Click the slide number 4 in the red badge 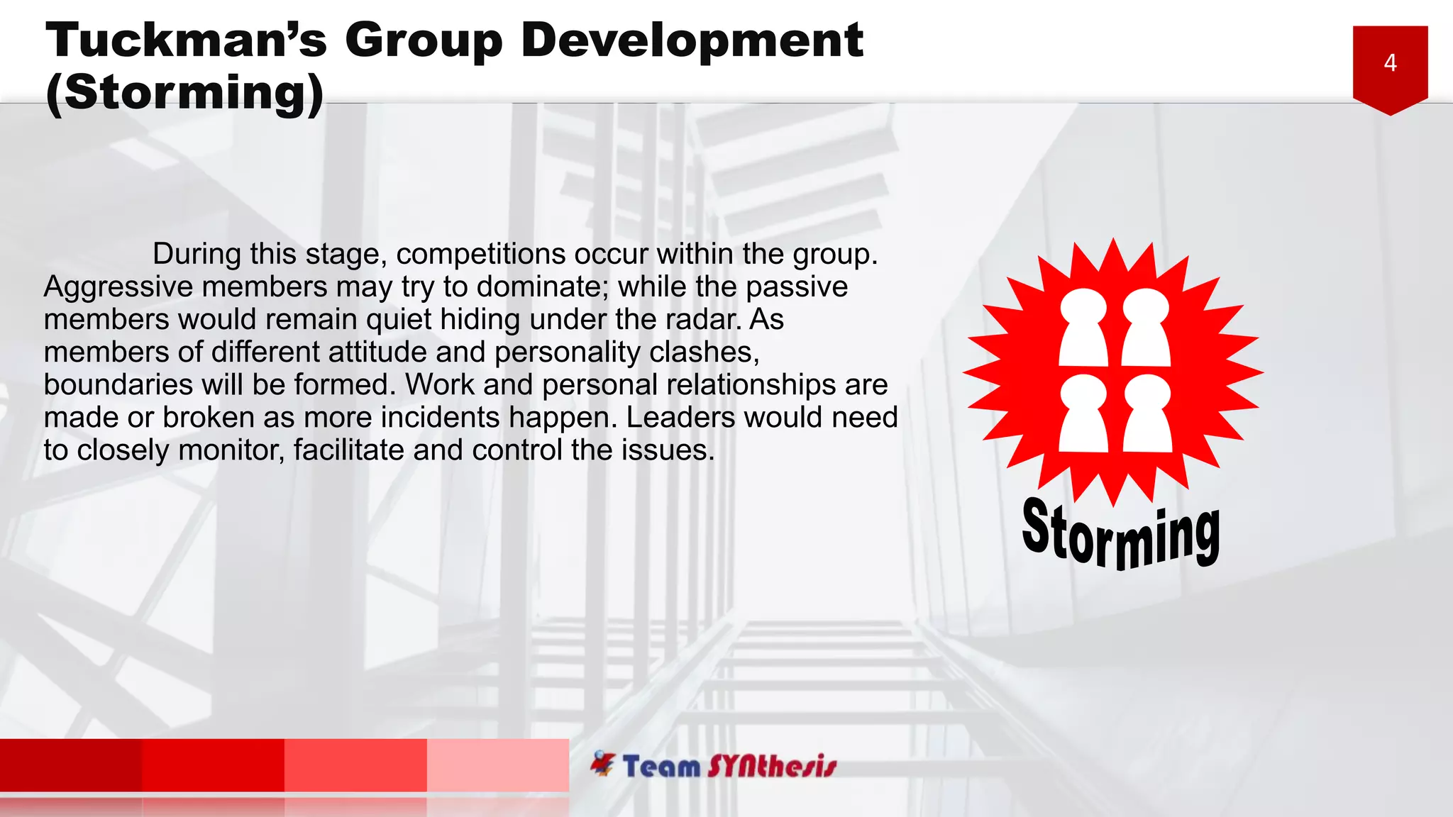point(1390,63)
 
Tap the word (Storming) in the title point(184,92)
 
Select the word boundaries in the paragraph point(118,385)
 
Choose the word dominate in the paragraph point(538,287)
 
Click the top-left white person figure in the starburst point(1083,327)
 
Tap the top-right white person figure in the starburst point(1145,327)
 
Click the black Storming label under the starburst point(1121,535)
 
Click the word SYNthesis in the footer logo point(772,767)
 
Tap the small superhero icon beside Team point(602,763)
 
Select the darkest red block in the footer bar point(71,765)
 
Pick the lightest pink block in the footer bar point(497,765)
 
